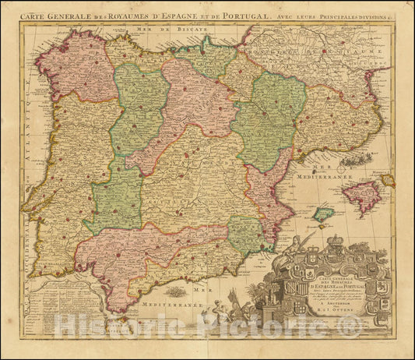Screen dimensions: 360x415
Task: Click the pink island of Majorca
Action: click(361, 196)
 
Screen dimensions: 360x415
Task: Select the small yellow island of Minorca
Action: click(387, 180)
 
